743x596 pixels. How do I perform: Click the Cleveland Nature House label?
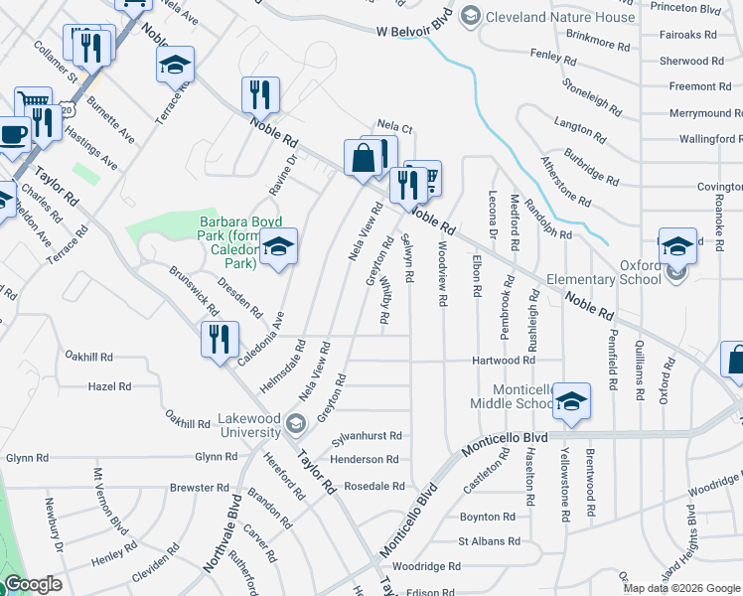(560, 17)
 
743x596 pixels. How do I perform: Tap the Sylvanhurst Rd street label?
(367, 436)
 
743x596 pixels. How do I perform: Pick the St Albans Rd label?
(489, 541)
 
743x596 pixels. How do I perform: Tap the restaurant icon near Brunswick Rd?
(221, 338)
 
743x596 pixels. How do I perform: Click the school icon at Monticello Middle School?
(571, 400)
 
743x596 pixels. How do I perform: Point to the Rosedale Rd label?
(374, 487)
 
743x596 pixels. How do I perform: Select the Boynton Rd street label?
(487, 517)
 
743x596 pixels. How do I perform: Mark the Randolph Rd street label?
(548, 235)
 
